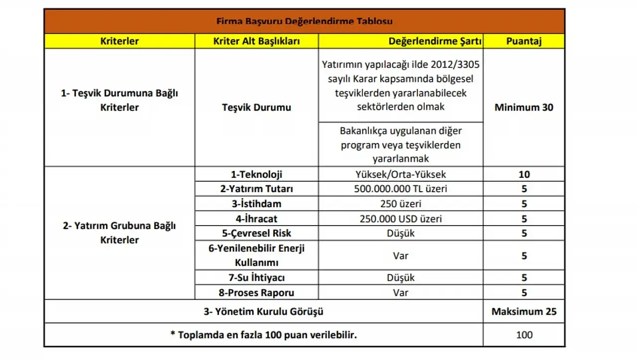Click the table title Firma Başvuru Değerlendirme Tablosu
click(304, 21)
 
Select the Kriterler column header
click(119, 41)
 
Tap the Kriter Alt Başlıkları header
click(256, 41)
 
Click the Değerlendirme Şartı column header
click(435, 41)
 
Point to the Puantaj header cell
click(524, 41)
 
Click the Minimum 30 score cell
click(524, 107)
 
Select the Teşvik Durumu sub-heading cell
click(256, 107)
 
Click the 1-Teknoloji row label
click(256, 174)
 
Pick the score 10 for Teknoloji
click(524, 174)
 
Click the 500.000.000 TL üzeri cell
click(400, 189)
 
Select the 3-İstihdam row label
click(256, 204)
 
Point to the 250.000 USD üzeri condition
click(400, 219)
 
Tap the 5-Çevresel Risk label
click(256, 233)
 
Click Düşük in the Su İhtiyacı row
click(400, 277)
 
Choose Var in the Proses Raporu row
click(400, 292)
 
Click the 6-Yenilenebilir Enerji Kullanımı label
click(256, 255)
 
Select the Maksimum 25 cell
click(524, 312)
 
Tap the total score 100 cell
click(524, 335)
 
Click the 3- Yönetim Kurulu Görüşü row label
click(263, 312)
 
